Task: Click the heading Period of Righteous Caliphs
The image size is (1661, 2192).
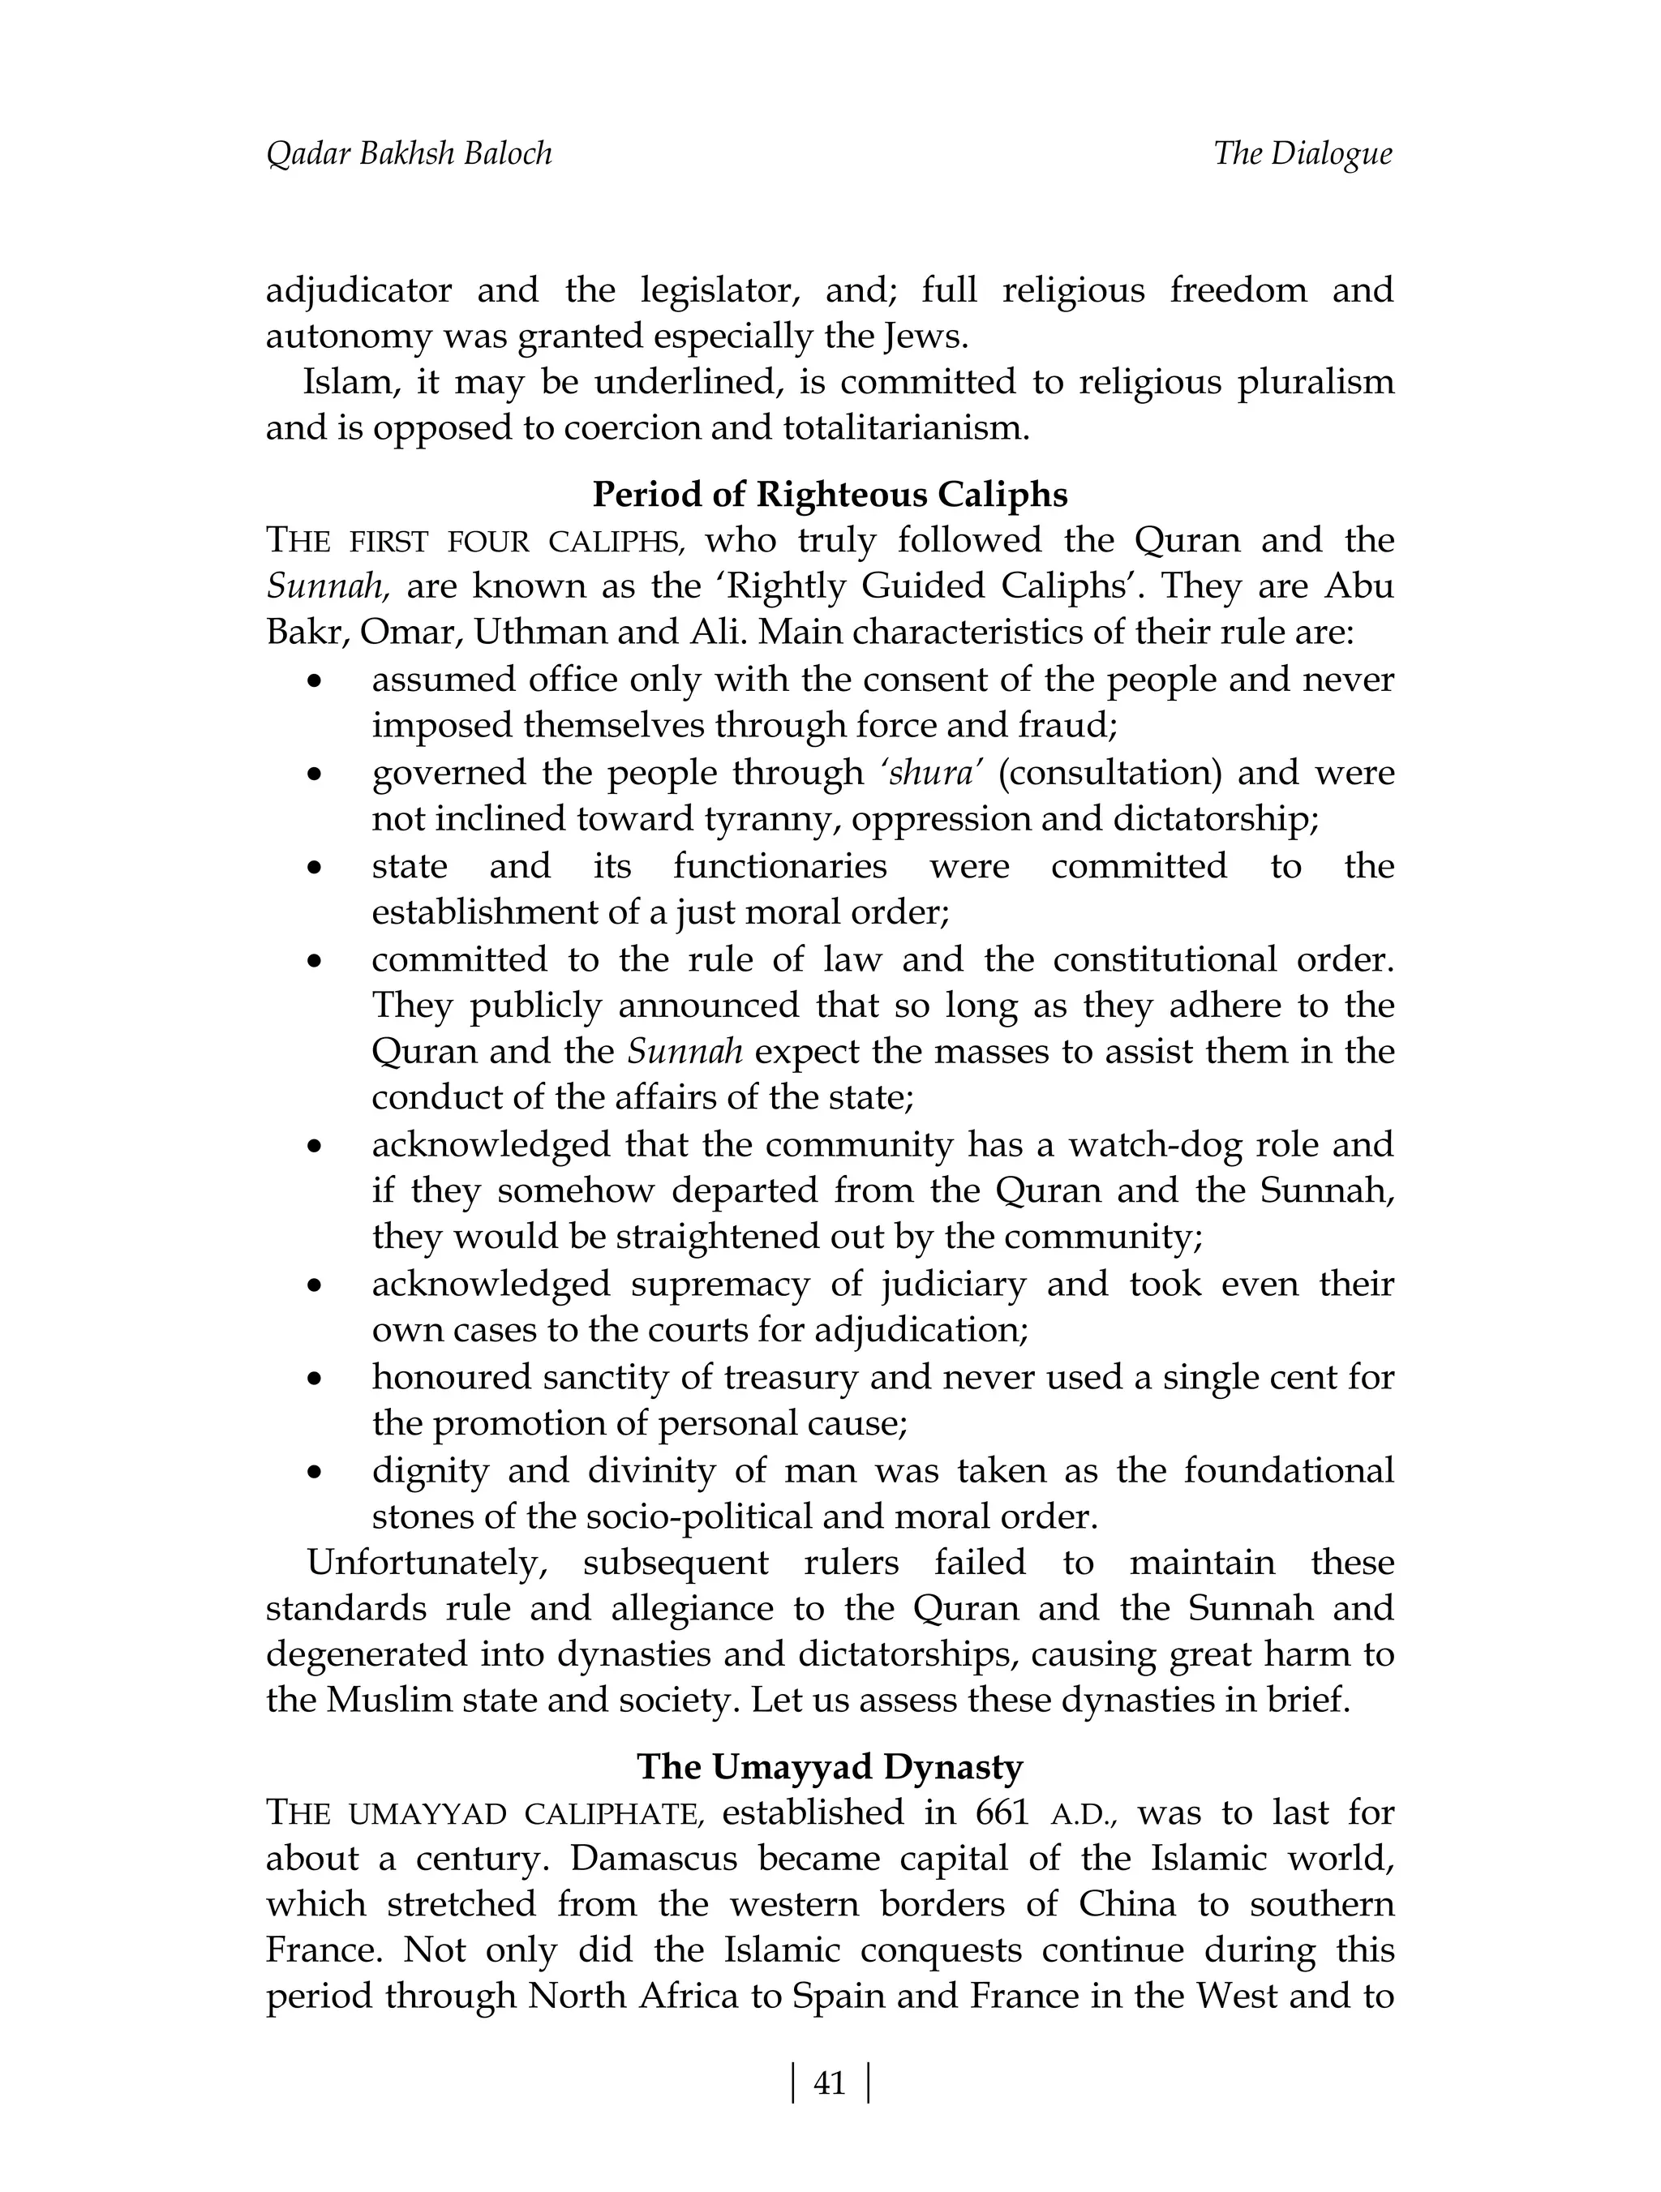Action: tap(830, 494)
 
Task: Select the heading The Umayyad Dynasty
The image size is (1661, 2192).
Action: tap(830, 1766)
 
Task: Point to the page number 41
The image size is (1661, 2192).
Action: tap(830, 2083)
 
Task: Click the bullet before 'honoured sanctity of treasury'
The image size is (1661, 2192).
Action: tap(314, 1379)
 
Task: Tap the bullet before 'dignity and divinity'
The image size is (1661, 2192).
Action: tap(314, 1472)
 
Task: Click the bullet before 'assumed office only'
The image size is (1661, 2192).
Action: tap(314, 682)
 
